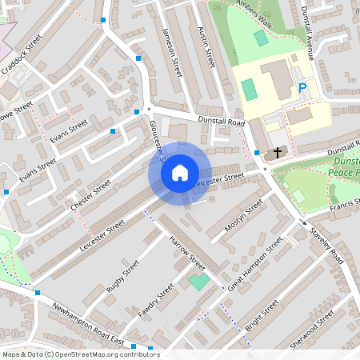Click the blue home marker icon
point(180,172)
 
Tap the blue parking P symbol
point(302,89)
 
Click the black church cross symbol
point(278,152)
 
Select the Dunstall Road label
point(222,121)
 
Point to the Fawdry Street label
point(155,299)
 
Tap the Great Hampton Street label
point(255,264)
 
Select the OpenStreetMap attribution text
point(80,354)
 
